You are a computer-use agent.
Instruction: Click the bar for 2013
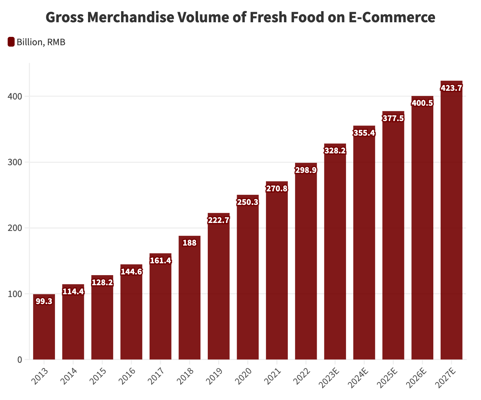tap(44, 327)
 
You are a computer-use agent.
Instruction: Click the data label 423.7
tap(451, 88)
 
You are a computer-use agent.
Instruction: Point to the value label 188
tap(189, 243)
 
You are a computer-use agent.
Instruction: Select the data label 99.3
tap(44, 301)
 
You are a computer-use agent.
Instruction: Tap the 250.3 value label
tap(247, 202)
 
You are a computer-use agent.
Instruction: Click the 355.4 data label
tap(364, 133)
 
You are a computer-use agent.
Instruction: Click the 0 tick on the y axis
tap(19, 360)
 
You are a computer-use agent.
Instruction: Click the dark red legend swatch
tap(11, 42)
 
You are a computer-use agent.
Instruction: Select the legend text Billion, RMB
tap(41, 42)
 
